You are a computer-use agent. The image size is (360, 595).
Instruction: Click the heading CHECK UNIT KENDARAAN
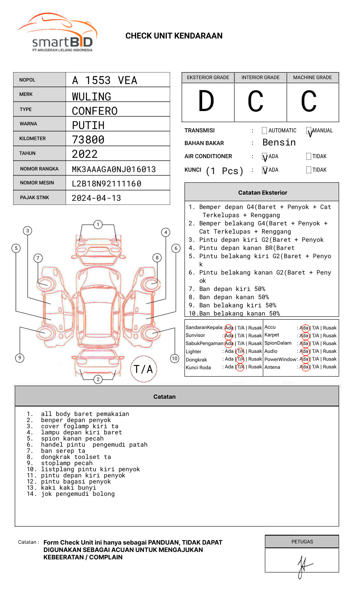pyautogui.click(x=174, y=36)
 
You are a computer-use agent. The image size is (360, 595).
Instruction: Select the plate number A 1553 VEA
pyautogui.click(x=105, y=80)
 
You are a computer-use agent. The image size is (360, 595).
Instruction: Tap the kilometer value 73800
pyautogui.click(x=88, y=140)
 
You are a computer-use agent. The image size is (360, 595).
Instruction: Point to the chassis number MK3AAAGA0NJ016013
pyautogui.click(x=114, y=169)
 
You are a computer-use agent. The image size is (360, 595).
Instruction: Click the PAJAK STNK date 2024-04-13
pyautogui.click(x=96, y=198)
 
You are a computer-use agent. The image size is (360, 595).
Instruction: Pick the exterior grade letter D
pyautogui.click(x=206, y=101)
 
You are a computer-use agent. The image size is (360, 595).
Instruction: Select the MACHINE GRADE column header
pyautogui.click(x=312, y=77)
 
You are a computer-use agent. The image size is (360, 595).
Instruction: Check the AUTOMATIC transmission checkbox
pyautogui.click(x=264, y=131)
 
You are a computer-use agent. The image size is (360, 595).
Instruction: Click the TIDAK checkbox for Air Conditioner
pyautogui.click(x=309, y=157)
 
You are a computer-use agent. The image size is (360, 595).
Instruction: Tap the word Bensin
pyautogui.click(x=279, y=143)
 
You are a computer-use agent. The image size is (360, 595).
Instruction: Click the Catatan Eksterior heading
pyautogui.click(x=262, y=193)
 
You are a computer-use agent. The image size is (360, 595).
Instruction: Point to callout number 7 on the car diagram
pyautogui.click(x=38, y=258)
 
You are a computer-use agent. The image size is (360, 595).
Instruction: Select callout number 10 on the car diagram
pyautogui.click(x=175, y=359)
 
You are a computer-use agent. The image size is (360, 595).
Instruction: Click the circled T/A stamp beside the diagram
pyautogui.click(x=144, y=369)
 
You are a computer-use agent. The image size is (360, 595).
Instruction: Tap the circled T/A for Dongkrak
pyautogui.click(x=240, y=359)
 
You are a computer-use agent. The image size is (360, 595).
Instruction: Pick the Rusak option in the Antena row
pyautogui.click(x=330, y=367)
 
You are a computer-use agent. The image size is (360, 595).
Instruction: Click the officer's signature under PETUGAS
pyautogui.click(x=303, y=565)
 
